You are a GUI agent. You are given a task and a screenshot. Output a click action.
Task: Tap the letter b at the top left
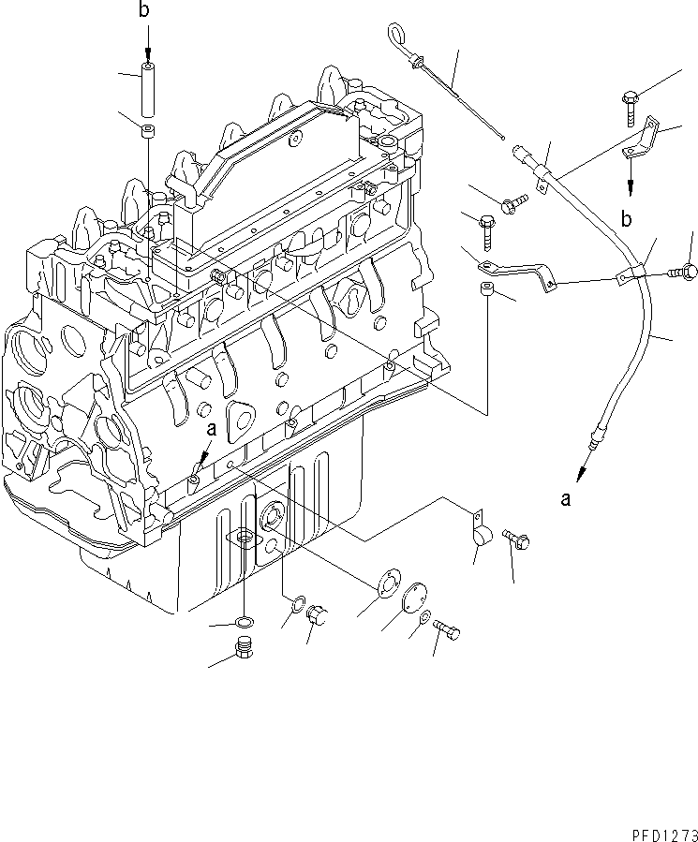tap(143, 11)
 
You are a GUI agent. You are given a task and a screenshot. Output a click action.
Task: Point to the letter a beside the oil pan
tap(212, 430)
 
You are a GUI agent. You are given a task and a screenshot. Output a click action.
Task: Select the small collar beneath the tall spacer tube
tap(147, 129)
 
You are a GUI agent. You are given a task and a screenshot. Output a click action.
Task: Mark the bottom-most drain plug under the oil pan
tap(245, 648)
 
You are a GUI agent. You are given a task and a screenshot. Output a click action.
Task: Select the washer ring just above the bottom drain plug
tap(245, 622)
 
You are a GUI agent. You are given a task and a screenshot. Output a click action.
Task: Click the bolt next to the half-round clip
tap(516, 539)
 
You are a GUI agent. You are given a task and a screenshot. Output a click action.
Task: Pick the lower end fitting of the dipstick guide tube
tap(593, 436)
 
